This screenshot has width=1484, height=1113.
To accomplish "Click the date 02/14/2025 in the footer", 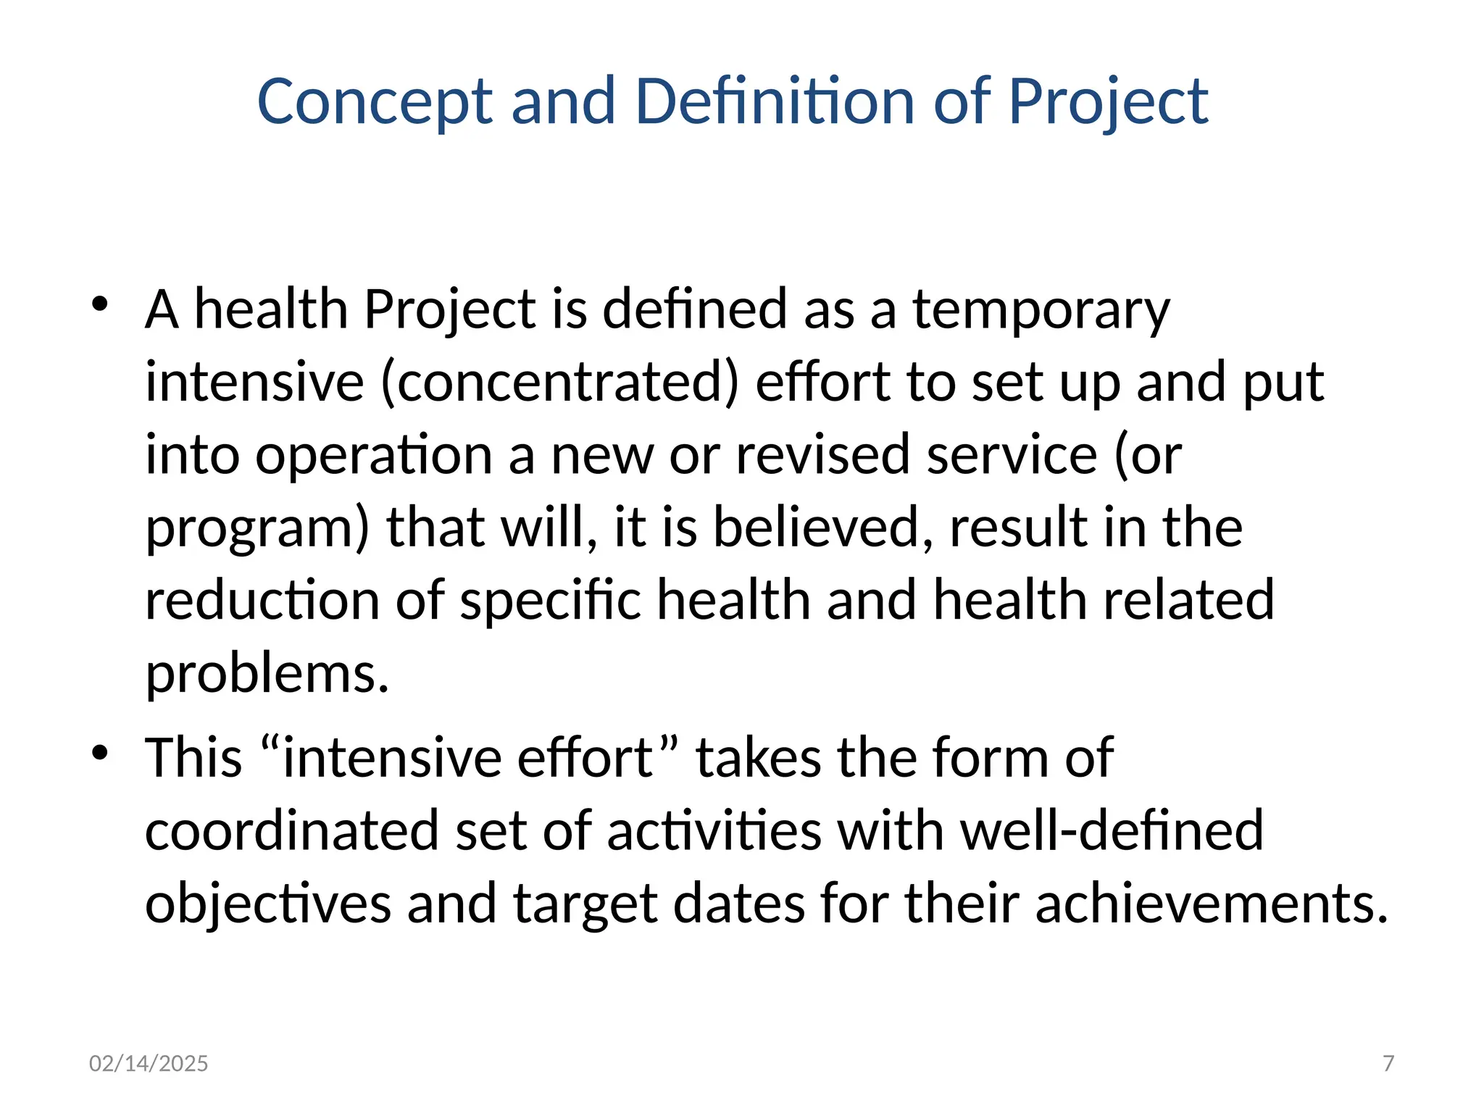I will coord(149,1063).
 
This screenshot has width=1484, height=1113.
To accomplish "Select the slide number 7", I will coord(1388,1063).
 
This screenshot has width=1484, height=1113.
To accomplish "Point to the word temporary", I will coord(1041,310).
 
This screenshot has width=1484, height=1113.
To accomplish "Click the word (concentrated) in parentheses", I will coord(559,383).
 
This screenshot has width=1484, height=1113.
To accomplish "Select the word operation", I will coord(373,456).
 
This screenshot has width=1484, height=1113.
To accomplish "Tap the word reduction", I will coord(262,600).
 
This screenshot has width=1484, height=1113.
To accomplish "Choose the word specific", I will coord(550,601).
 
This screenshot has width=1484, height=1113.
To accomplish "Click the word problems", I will coord(267,674).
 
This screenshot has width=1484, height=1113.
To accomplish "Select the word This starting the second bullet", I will coord(193,758).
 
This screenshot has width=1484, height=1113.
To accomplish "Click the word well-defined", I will coord(1112,830).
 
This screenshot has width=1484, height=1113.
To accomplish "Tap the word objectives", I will coord(268,904).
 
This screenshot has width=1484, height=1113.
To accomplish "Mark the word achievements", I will coord(1211,904).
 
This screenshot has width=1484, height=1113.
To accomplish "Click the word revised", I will coord(822,455).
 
